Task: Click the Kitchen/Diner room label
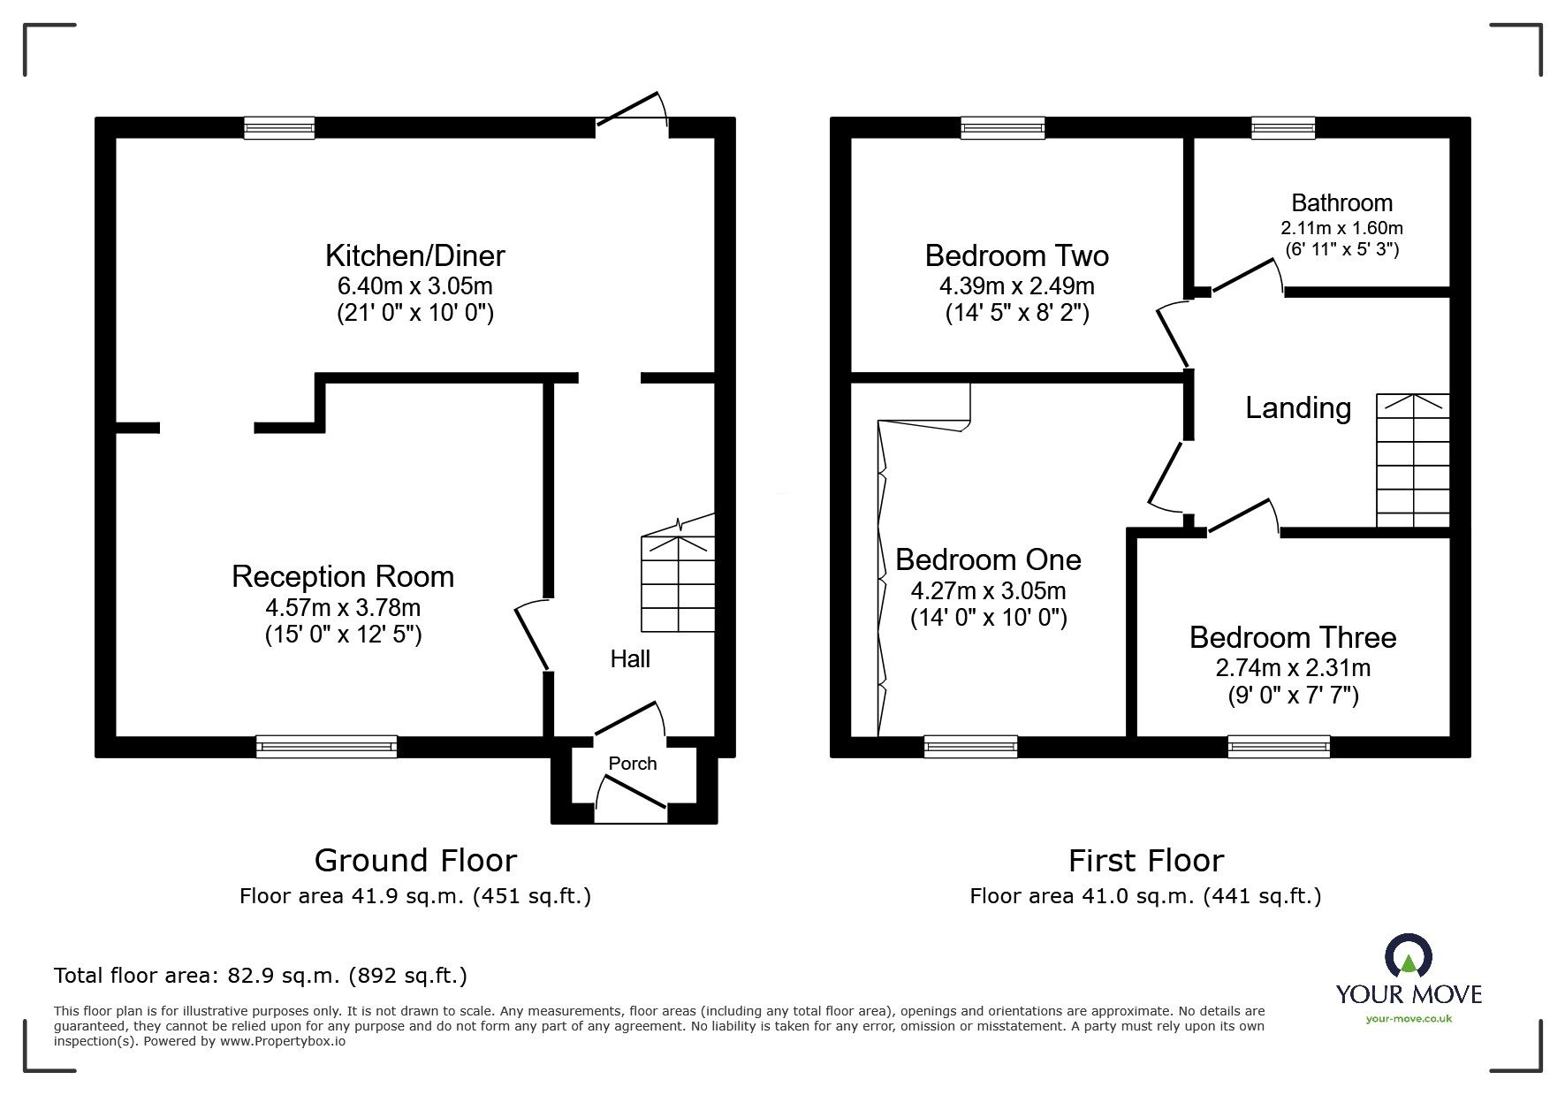tap(414, 256)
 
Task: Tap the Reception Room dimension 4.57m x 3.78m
tap(343, 608)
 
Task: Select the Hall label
tap(630, 659)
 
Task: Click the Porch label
tap(633, 764)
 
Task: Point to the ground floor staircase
tap(678, 574)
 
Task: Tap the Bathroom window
tap(1283, 128)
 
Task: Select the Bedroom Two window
tap(1003, 128)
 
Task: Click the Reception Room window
tap(326, 747)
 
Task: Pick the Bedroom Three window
tap(1279, 747)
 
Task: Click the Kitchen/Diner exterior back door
tap(632, 110)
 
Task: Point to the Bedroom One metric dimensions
tap(988, 590)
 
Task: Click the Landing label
tap(1297, 408)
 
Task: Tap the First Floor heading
tap(1145, 861)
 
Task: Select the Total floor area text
tap(261, 976)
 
